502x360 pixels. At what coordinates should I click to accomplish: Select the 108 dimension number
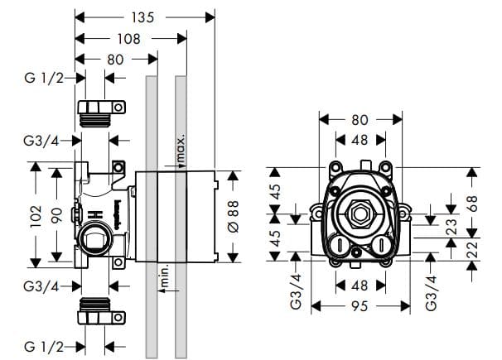point(129,38)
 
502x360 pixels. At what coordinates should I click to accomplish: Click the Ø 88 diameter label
point(233,214)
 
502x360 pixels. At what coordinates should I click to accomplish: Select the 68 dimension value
point(472,204)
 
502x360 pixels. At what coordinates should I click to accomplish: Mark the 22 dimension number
point(472,248)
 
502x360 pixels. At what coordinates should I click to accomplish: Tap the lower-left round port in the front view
point(338,245)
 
